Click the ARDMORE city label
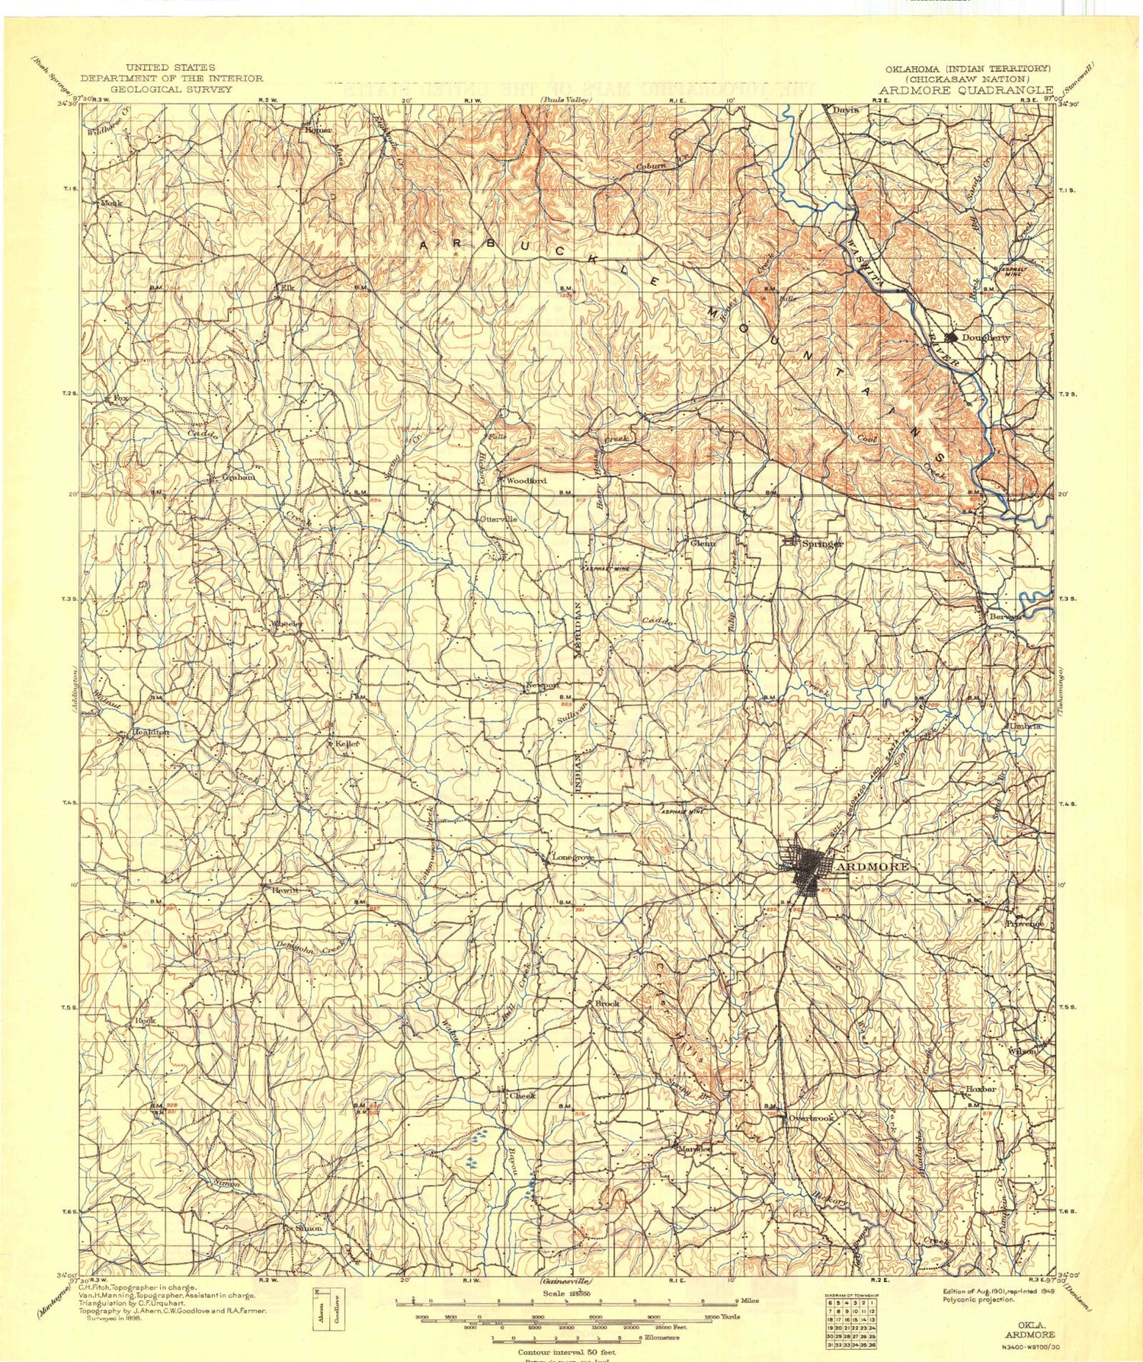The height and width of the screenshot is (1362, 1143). [873, 867]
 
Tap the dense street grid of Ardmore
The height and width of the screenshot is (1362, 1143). [808, 869]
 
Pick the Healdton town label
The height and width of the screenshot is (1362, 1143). [151, 732]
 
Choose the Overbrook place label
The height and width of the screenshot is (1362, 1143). [812, 1118]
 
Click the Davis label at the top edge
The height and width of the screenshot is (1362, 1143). [845, 110]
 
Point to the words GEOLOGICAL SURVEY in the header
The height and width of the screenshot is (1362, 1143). [171, 89]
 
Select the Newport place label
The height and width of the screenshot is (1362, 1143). [543, 686]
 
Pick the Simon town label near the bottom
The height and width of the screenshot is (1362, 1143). [309, 1229]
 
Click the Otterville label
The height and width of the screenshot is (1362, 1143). [500, 520]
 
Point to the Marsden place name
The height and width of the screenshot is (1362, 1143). [694, 1149]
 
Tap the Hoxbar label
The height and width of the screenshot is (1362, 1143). [981, 1090]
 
